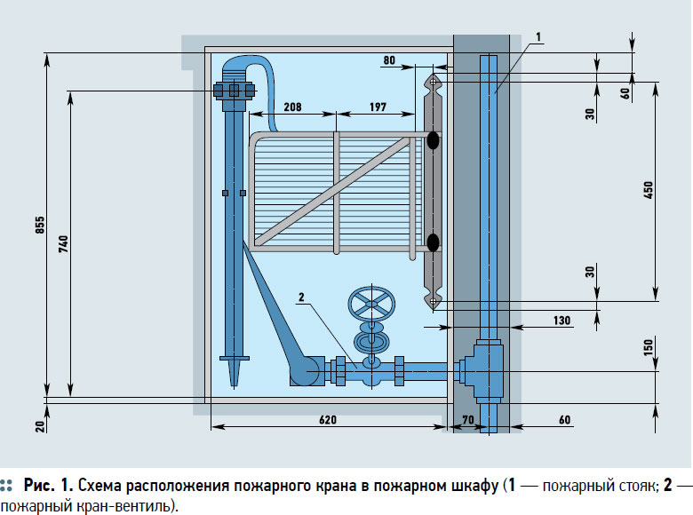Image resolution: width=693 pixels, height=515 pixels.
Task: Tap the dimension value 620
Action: point(328,419)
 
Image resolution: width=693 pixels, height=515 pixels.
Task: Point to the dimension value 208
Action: point(291,107)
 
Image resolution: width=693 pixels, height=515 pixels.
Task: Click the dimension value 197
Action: point(377,107)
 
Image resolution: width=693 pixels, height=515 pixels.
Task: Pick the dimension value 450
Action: point(649,189)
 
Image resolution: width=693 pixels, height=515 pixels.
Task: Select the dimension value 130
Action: point(561,320)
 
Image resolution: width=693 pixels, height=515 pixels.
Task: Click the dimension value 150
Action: point(649,347)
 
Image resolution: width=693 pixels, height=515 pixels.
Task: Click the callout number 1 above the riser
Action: point(539,36)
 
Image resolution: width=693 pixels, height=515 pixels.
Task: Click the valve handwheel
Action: point(371,305)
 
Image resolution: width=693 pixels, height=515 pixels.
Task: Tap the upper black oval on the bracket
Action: point(433,139)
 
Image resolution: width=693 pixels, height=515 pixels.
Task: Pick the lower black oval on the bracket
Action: point(433,242)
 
